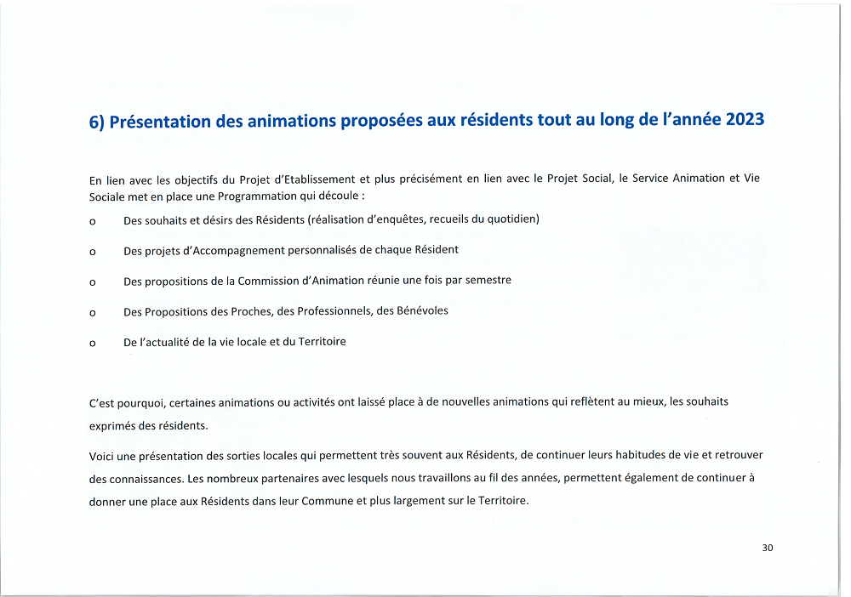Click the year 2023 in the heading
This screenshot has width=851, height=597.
tap(745, 120)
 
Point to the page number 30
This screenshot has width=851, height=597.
tap(768, 548)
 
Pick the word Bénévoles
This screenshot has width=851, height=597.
tap(419, 311)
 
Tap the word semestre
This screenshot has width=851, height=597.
tap(488, 281)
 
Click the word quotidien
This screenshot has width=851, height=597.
tap(509, 219)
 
